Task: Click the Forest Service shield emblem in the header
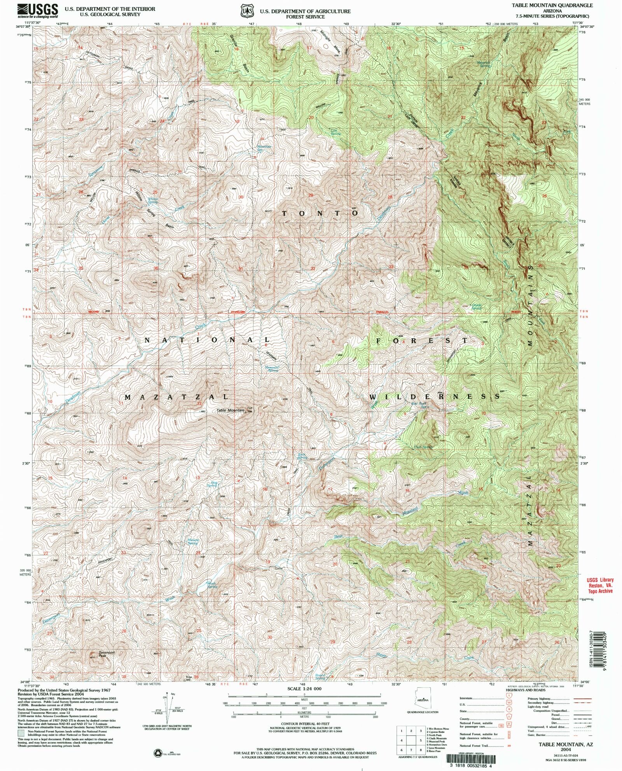coord(246,11)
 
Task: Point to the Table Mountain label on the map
coord(231,410)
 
